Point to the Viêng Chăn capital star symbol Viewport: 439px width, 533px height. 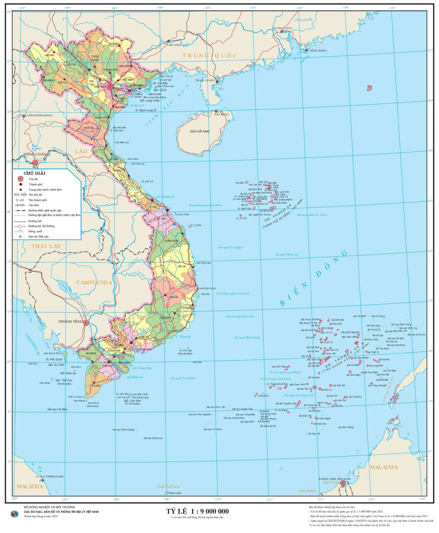coord(35,163)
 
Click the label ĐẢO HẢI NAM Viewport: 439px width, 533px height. coord(200,131)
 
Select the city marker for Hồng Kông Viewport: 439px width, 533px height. coord(306,50)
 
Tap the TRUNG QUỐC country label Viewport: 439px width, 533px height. coord(210,56)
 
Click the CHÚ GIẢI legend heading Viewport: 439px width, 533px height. coord(34,173)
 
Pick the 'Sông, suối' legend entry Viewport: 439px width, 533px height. coord(35,231)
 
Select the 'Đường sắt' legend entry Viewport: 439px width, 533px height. coord(35,221)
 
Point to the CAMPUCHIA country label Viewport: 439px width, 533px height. coord(94,283)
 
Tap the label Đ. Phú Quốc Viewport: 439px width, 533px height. coord(54,359)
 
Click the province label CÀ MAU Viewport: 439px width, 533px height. coord(96,386)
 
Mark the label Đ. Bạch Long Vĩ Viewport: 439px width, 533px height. coord(146,110)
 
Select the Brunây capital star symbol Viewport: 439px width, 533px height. coord(343,483)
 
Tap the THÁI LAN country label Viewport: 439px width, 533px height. coord(46,246)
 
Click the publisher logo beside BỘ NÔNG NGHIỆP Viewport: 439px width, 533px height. coord(14,514)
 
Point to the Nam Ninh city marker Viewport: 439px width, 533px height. coord(169,41)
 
